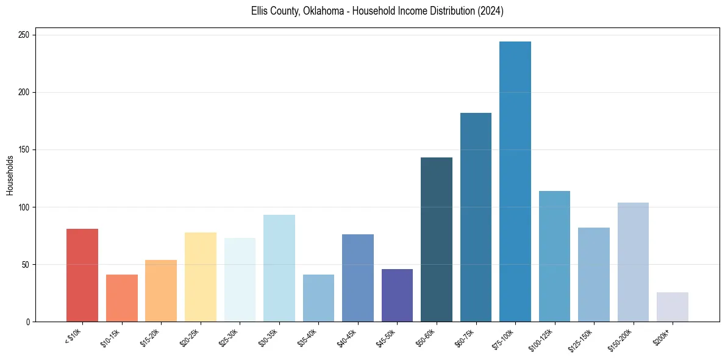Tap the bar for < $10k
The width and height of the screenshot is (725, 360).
(82, 275)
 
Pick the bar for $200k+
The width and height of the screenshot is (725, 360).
(672, 307)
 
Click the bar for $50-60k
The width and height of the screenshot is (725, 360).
(437, 240)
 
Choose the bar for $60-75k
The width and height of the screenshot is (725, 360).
(476, 217)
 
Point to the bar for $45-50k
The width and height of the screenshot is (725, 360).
(397, 295)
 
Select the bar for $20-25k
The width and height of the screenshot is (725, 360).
(200, 277)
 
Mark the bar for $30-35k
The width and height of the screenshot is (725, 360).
(279, 268)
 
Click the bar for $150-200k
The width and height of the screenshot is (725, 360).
(633, 262)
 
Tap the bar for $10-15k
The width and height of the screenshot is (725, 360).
(121, 298)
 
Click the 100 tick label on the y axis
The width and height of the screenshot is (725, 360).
(25, 207)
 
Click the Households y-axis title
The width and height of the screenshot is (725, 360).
(10, 175)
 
